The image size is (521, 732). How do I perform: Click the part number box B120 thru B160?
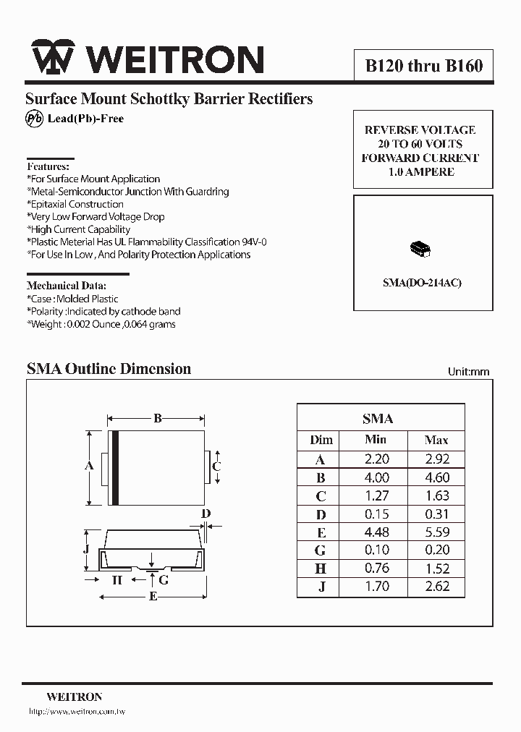[423, 67]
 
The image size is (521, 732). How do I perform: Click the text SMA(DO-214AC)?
[422, 283]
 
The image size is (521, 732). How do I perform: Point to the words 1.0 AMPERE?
[421, 172]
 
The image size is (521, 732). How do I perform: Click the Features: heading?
[48, 166]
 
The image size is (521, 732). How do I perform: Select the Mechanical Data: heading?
[67, 285]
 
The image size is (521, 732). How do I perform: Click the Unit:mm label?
[468, 372]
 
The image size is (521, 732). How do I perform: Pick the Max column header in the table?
[436, 440]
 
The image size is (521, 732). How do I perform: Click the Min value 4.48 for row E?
[376, 532]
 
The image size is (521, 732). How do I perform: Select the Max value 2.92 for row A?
[436, 459]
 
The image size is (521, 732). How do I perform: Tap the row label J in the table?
[321, 587]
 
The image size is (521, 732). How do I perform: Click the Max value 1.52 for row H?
[436, 569]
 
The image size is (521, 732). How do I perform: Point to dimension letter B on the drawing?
[157, 417]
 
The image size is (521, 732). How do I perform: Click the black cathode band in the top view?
[114, 468]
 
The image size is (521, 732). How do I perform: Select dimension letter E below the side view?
[153, 596]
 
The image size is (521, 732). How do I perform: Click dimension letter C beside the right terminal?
[216, 467]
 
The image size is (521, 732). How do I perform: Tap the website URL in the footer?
[77, 712]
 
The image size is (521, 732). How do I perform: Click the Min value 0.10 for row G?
[376, 550]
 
